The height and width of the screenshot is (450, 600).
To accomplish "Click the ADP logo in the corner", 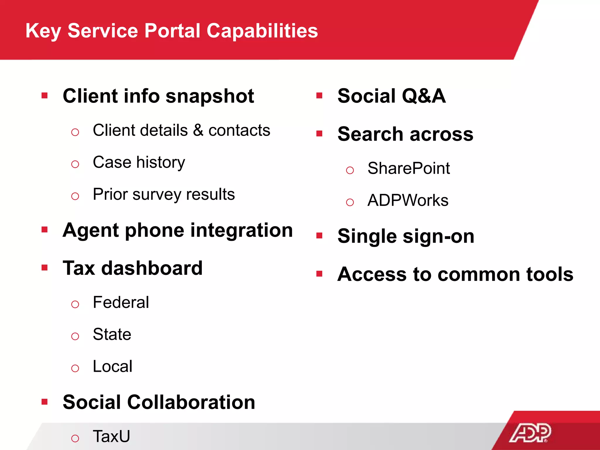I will click(530, 432).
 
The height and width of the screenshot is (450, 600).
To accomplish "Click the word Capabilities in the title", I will click(262, 31).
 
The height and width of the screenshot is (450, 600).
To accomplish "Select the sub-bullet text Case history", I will click(139, 162).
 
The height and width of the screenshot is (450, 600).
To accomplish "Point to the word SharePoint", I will click(408, 168).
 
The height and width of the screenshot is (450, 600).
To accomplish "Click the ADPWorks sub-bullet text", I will click(408, 201).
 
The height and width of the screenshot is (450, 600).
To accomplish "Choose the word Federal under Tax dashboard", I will click(121, 302).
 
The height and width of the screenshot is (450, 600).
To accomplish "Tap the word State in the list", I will click(112, 335).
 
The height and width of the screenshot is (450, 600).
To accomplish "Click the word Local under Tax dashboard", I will click(112, 367).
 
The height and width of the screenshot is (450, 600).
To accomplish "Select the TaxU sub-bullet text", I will click(111, 436).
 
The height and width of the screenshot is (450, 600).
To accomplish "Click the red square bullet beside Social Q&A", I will click(319, 96).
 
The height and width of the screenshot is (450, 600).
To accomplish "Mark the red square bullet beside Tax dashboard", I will click(45, 267).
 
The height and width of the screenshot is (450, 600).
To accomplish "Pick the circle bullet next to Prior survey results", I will click(75, 196).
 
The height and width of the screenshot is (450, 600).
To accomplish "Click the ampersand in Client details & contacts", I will click(198, 130).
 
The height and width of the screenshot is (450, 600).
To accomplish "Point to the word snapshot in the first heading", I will click(210, 96).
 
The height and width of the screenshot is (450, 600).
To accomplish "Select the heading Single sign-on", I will click(406, 236).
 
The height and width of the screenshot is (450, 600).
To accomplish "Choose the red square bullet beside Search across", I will click(319, 134).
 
